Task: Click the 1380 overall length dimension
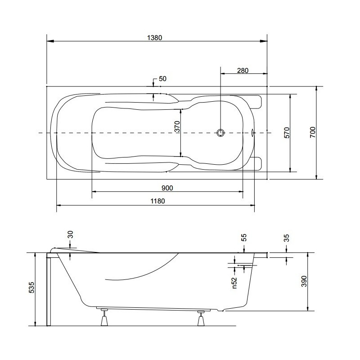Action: pyautogui.click(x=154, y=37)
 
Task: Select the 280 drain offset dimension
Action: pyautogui.click(x=243, y=70)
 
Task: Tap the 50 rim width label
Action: pyautogui.click(x=162, y=79)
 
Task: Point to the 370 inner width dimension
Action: pyautogui.click(x=177, y=126)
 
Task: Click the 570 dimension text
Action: pyautogui.click(x=287, y=133)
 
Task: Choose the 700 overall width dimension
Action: pyautogui.click(x=313, y=132)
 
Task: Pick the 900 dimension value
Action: pyautogui.click(x=167, y=188)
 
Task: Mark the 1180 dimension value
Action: pyautogui.click(x=157, y=201)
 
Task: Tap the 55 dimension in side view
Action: pyautogui.click(x=244, y=237)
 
